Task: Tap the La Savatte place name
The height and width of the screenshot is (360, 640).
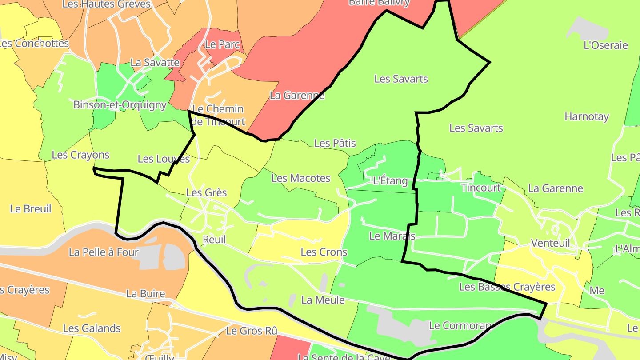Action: (155, 62)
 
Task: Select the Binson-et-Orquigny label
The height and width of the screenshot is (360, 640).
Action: (120, 105)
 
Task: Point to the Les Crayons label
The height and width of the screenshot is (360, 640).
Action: (80, 155)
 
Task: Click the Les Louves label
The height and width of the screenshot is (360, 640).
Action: (164, 159)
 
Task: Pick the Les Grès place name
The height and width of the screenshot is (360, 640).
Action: (206, 192)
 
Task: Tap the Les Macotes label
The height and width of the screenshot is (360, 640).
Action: (301, 178)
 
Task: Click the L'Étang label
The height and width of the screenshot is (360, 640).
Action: (390, 180)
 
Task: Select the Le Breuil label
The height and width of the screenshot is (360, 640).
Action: (30, 208)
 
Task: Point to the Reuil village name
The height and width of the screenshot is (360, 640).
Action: (214, 240)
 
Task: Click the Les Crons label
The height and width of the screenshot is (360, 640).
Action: (324, 252)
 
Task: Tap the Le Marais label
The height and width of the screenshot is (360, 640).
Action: (392, 236)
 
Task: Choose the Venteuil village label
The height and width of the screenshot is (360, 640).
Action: (550, 243)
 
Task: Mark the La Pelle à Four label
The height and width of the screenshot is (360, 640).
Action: (104, 252)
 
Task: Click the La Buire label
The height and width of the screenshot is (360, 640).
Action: (146, 293)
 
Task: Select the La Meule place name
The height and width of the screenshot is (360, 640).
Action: (323, 300)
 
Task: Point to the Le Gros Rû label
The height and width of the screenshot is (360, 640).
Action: (252, 331)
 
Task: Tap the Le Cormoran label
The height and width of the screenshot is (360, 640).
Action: (460, 325)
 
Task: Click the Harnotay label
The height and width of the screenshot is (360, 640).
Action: (587, 116)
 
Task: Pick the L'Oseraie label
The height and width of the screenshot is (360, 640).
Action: (605, 45)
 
